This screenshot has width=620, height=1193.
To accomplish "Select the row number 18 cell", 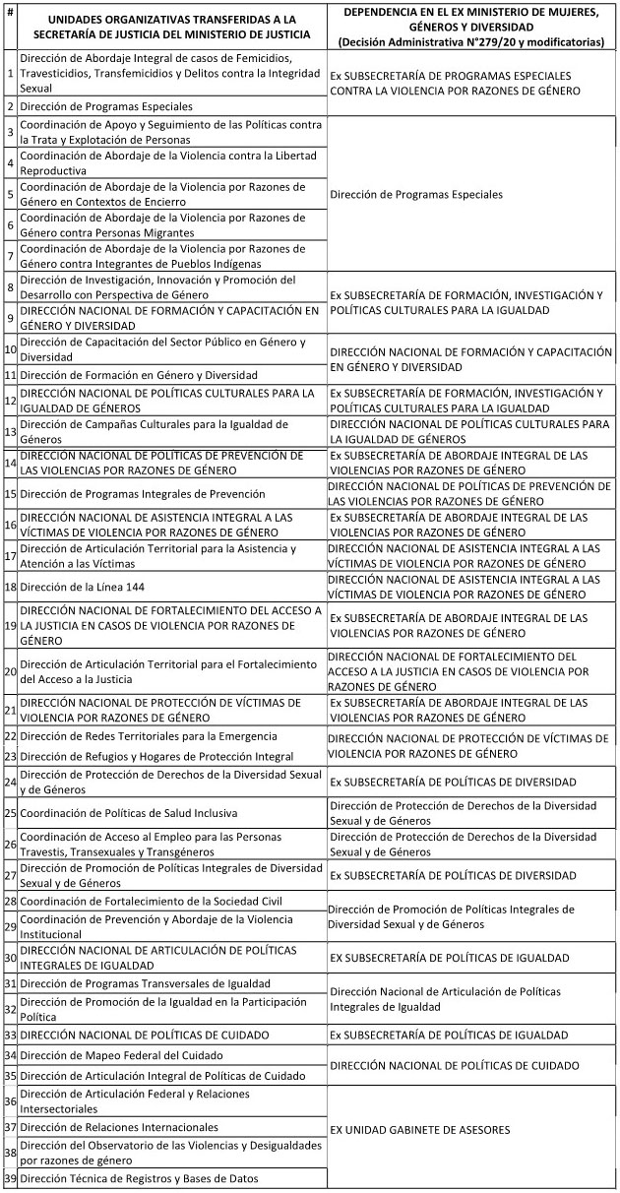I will pos(10,587).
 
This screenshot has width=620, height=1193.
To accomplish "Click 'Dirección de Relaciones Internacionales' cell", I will pos(119,1127).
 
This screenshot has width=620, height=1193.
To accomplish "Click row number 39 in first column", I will pos(10,1178).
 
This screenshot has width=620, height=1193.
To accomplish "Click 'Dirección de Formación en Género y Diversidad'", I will pos(139,374).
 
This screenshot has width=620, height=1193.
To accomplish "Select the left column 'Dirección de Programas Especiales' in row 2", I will pos(106,105).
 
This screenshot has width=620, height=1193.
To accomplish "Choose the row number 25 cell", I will pos(10,813).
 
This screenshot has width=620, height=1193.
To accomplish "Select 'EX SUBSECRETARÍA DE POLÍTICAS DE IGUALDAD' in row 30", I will pos(449,957).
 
